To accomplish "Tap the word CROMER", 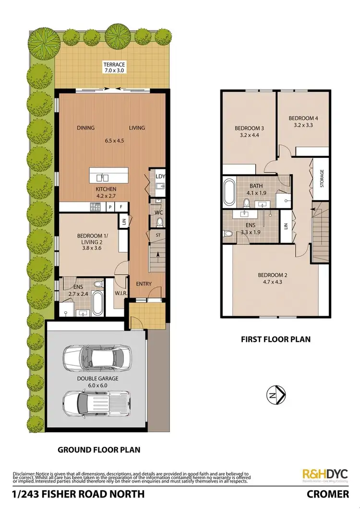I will click(x=329, y=494).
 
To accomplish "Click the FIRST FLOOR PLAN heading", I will click(x=276, y=339).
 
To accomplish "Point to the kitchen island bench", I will click(x=109, y=175).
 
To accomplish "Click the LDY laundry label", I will click(x=160, y=177).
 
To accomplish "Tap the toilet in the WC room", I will click(x=159, y=222).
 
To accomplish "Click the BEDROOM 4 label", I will click(x=303, y=118).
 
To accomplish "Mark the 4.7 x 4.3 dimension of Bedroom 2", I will click(x=273, y=283).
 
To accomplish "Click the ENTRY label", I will click(x=144, y=284).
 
